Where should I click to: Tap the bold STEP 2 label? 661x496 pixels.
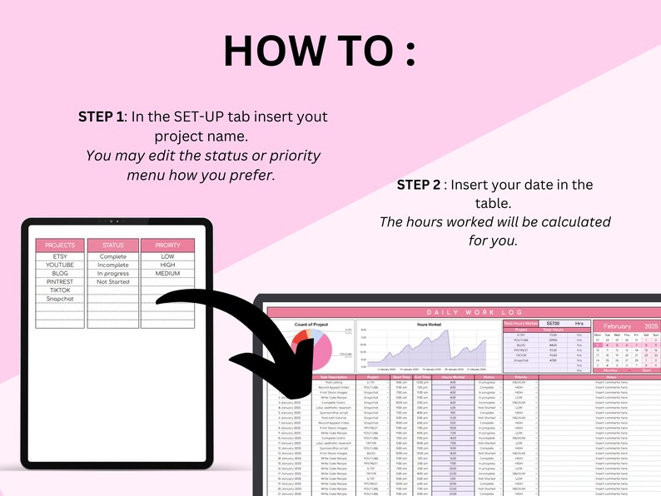(425, 184)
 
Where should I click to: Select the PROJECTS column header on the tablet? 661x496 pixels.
(60, 246)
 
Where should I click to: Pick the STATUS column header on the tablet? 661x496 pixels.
(112, 246)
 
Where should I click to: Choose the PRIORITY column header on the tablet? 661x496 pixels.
(167, 246)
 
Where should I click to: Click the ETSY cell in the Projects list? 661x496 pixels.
(60, 257)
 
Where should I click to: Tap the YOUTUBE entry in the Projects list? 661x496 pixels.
(60, 265)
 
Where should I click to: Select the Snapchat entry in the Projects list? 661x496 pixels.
(60, 298)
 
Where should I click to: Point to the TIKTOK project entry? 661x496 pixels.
(60, 290)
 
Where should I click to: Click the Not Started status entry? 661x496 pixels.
(112, 281)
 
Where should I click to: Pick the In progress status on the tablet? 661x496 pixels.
(112, 273)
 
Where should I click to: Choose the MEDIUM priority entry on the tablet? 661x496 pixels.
(167, 273)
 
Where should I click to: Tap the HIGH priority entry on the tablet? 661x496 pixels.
(167, 265)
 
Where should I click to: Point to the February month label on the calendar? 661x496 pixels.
(617, 327)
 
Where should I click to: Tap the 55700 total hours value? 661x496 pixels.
(553, 322)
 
